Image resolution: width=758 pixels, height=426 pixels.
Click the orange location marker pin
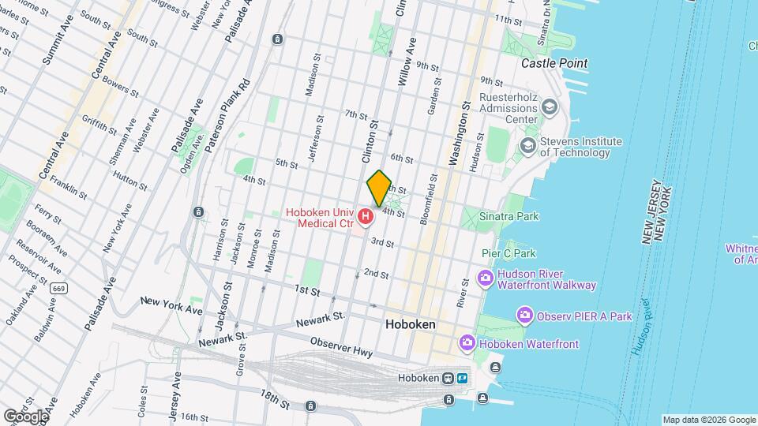click(379, 188)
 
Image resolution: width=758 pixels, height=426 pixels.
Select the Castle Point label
click(554, 63)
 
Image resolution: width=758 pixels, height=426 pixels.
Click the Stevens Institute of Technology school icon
click(527, 147)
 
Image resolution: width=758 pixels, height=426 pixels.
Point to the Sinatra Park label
click(509, 215)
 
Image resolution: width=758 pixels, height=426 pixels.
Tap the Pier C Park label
click(508, 253)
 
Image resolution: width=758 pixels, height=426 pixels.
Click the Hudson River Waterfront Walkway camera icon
click(485, 278)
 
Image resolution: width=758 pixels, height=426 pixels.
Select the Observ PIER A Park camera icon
click(523, 316)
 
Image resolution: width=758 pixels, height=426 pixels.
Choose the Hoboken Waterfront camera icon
click(467, 343)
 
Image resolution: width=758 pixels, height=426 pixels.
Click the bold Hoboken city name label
click(411, 324)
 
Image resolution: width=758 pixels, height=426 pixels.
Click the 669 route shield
click(57, 290)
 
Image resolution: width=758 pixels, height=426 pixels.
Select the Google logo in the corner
click(25, 416)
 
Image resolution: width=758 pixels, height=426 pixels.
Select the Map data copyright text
click(708, 420)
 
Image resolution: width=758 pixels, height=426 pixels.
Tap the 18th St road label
click(276, 402)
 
